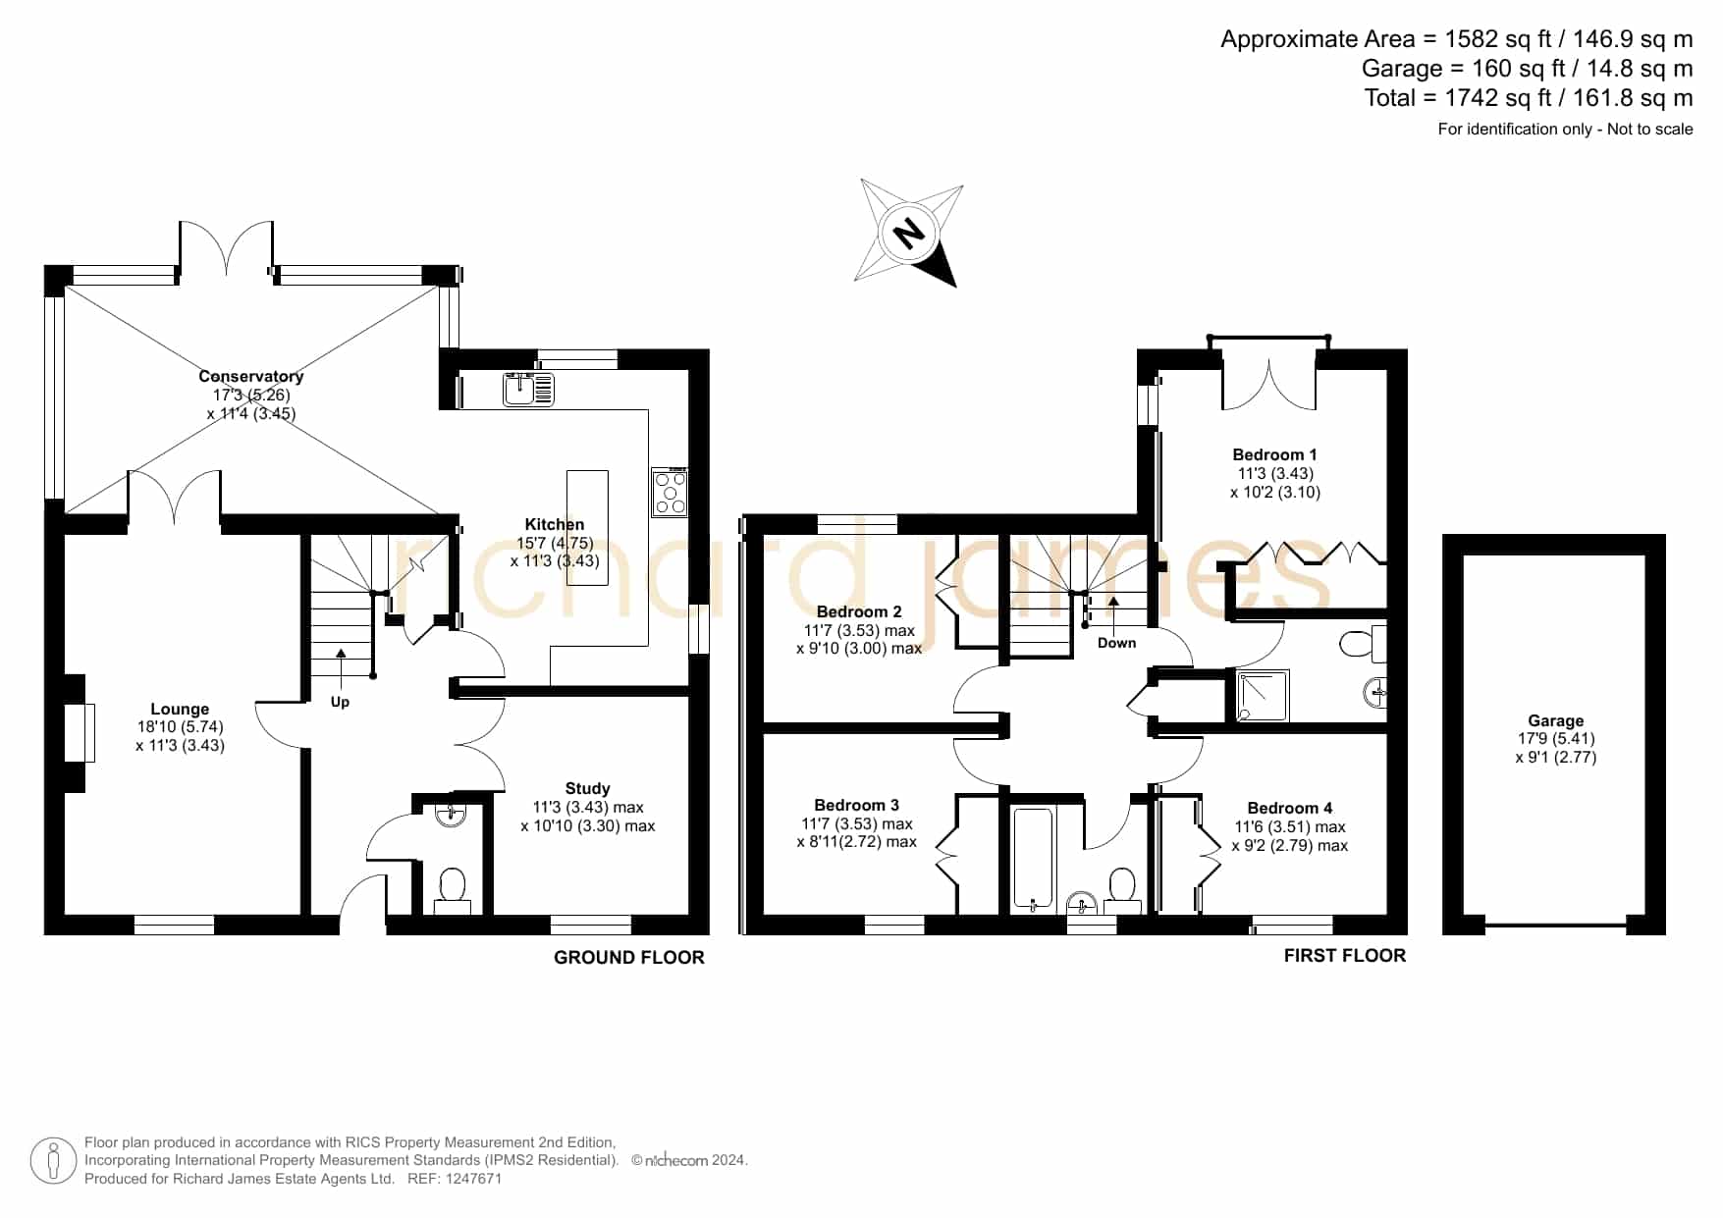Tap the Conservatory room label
point(251,376)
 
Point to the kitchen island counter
point(587,527)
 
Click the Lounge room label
point(180,709)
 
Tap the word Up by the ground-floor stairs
point(340,702)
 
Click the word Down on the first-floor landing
point(1117,643)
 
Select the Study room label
point(587,788)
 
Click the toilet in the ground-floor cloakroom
point(452,889)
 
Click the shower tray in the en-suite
point(1263,695)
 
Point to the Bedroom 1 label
point(1274,454)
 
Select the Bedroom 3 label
point(856,805)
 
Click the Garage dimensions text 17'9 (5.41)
point(1555,738)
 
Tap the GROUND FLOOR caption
point(629,957)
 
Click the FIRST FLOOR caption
point(1345,955)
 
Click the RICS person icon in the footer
point(53,1161)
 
